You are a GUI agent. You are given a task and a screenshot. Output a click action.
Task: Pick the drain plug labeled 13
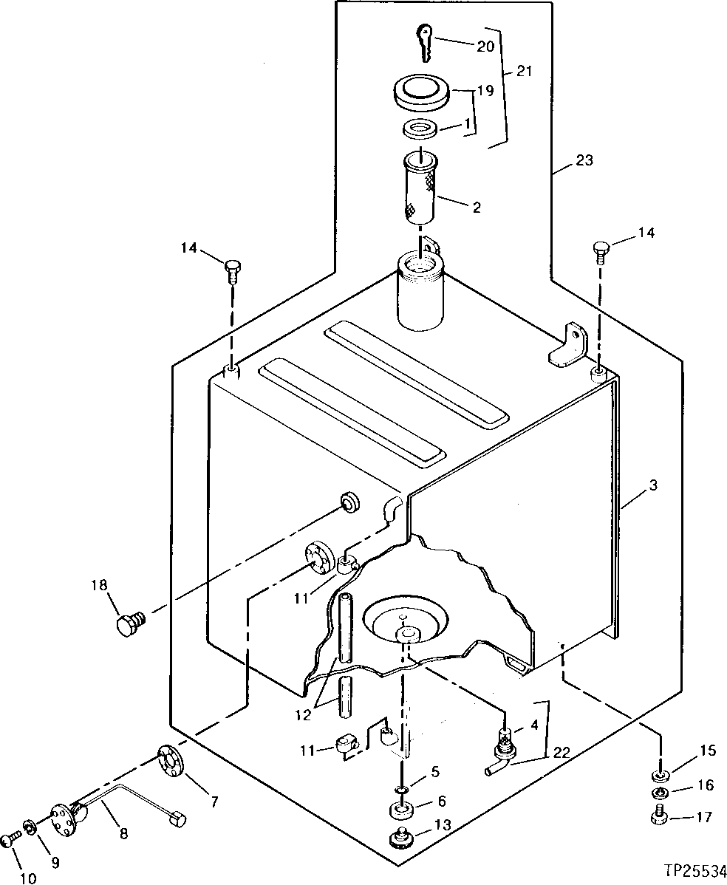tap(401, 841)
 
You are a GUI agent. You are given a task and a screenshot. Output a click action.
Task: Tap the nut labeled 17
tap(660, 818)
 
